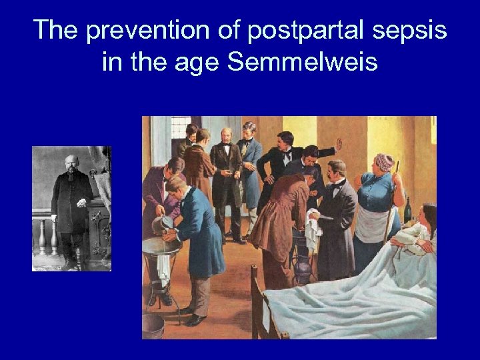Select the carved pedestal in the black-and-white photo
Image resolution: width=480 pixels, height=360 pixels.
pyautogui.click(x=97, y=230)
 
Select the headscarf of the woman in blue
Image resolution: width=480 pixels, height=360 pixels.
pyautogui.click(x=384, y=162)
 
